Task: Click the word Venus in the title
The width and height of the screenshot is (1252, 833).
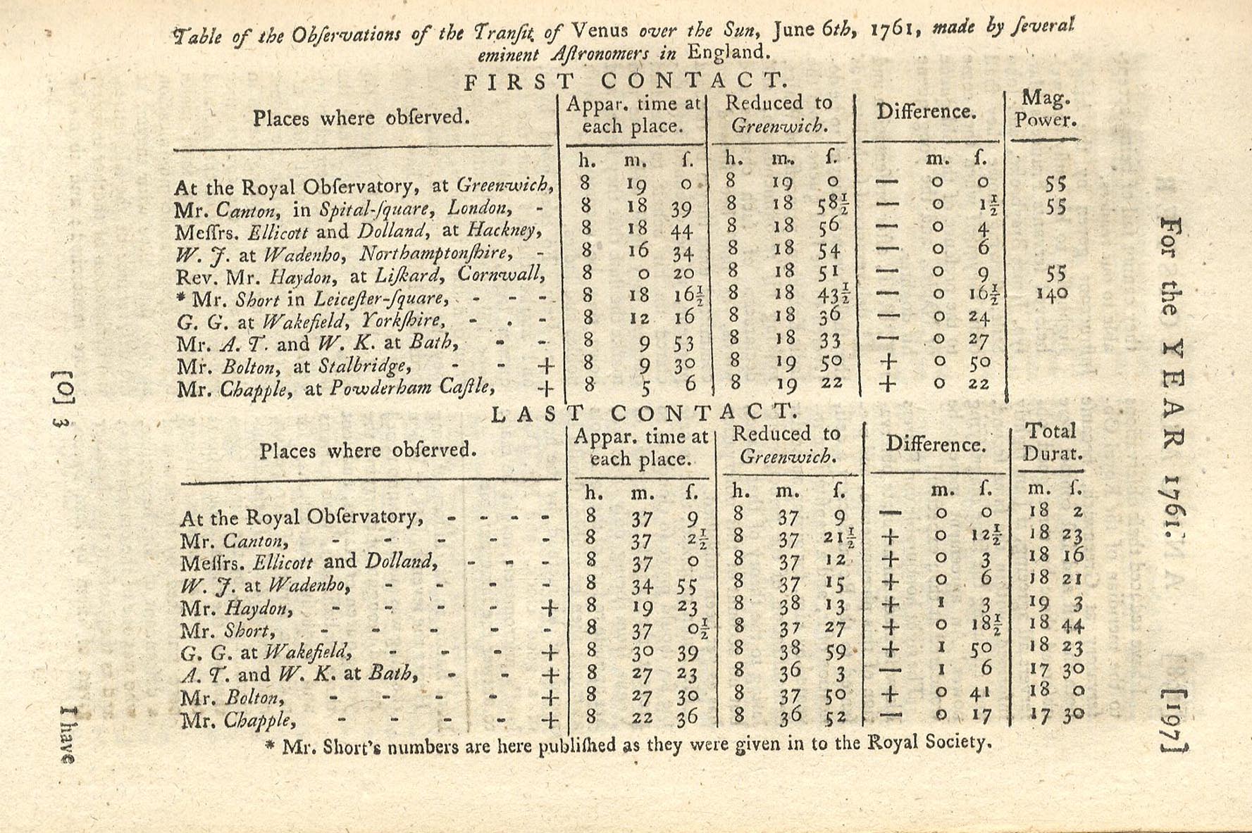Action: point(602,30)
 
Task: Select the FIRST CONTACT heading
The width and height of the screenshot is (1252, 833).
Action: point(625,82)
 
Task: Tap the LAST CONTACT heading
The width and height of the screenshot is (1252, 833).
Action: point(643,413)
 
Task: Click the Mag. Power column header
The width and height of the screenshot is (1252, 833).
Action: point(1046,108)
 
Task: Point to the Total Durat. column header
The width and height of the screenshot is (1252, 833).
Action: point(1051,441)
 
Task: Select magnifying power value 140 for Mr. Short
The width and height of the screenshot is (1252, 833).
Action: point(1053,294)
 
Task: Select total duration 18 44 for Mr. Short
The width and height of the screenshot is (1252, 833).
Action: point(1055,624)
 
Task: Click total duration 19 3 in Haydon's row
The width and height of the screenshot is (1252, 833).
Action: point(1055,603)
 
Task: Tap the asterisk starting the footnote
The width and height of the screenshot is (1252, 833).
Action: point(269,746)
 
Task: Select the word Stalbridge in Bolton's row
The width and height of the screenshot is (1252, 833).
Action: point(364,367)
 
